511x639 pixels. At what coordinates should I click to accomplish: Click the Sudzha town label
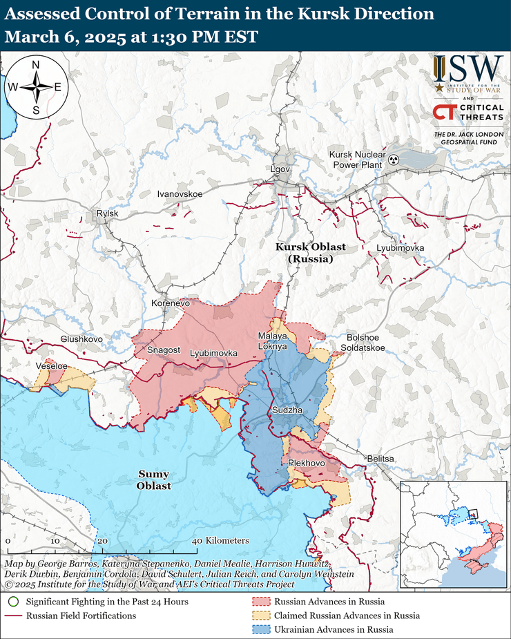pyautogui.click(x=287, y=410)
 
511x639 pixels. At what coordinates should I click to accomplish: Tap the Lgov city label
pyautogui.click(x=280, y=170)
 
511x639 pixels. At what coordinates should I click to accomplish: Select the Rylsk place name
pyautogui.click(x=108, y=214)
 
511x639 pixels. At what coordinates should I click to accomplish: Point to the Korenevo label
pyautogui.click(x=171, y=303)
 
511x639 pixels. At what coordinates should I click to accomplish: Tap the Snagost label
pyautogui.click(x=163, y=351)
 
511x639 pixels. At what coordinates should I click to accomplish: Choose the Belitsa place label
pyautogui.click(x=380, y=459)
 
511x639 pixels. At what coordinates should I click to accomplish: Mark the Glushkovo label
pyautogui.click(x=81, y=339)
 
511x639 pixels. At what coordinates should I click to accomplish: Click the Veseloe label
pyautogui.click(x=52, y=365)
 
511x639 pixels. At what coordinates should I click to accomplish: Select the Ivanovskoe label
pyautogui.click(x=180, y=194)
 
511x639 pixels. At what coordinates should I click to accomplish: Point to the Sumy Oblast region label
pyautogui.click(x=154, y=480)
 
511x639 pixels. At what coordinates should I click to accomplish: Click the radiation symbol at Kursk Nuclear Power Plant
pyautogui.click(x=393, y=160)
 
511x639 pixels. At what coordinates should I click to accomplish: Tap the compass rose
pyautogui.click(x=35, y=87)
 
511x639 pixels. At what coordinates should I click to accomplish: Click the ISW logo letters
pyautogui.click(x=467, y=68)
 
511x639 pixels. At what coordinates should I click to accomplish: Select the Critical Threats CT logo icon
pyautogui.click(x=443, y=112)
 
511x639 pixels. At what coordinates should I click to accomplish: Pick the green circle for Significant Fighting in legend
pyautogui.click(x=14, y=602)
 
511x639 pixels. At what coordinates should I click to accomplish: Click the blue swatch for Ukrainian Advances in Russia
pyautogui.click(x=260, y=629)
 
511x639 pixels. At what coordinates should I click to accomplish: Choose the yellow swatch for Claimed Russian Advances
pyautogui.click(x=260, y=616)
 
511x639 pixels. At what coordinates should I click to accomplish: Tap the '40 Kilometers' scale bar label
pyautogui.click(x=221, y=541)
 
